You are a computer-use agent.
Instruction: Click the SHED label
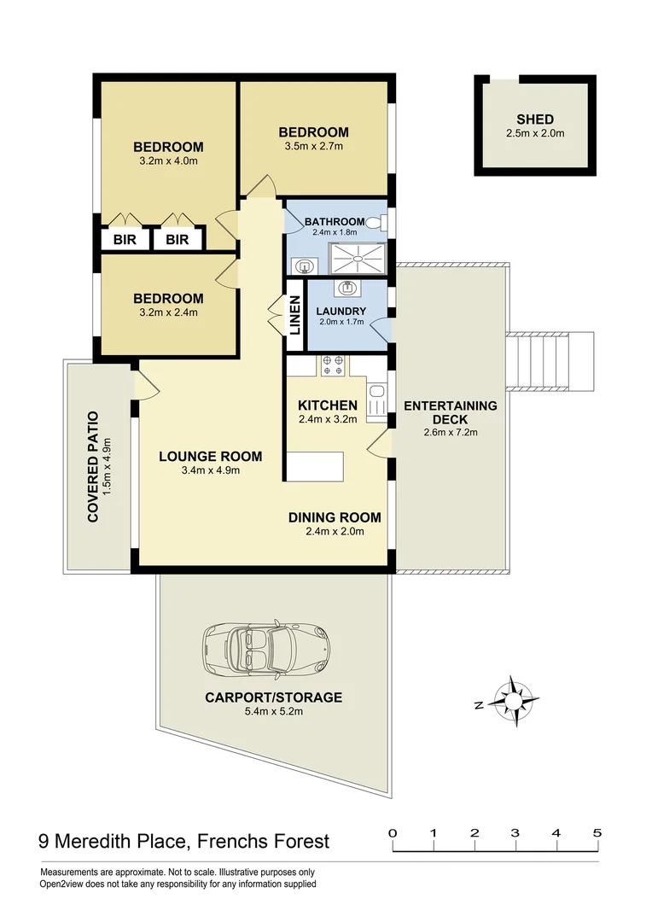click(x=534, y=120)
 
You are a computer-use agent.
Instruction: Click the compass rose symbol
click(x=516, y=700)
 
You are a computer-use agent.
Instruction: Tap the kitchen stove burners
click(x=333, y=365)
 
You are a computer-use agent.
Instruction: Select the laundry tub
click(x=349, y=289)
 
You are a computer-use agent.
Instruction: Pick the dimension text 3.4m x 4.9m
click(x=210, y=470)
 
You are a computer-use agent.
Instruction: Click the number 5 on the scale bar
click(x=597, y=833)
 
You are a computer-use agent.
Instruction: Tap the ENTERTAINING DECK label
click(x=450, y=412)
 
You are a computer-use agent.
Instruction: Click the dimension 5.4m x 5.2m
click(x=273, y=711)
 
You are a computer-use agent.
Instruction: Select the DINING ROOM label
click(x=334, y=517)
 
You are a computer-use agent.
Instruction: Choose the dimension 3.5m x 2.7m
click(x=313, y=146)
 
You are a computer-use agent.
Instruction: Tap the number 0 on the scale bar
click(x=392, y=833)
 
